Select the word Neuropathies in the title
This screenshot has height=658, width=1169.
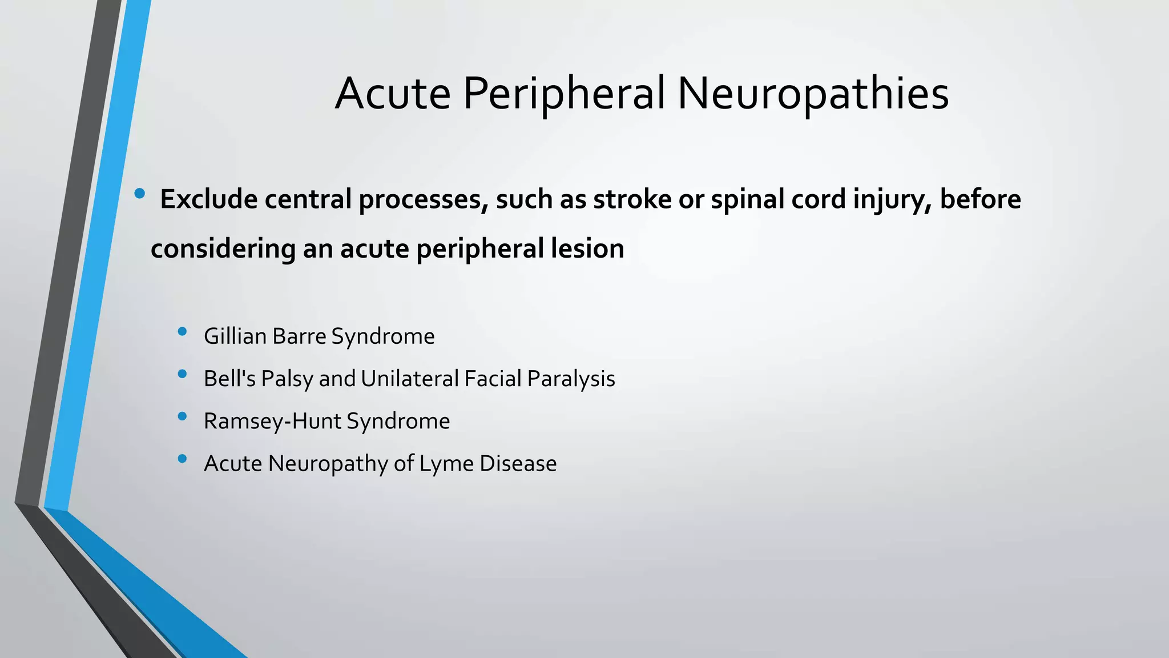click(813, 93)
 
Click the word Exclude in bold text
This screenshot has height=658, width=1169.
click(208, 199)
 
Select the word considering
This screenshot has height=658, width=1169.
click(223, 248)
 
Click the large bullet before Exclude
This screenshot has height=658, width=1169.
click(139, 194)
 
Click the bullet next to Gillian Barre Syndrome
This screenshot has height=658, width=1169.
click(182, 331)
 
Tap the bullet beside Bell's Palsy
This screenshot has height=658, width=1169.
click(182, 374)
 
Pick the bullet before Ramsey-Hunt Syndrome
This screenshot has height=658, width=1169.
click(182, 416)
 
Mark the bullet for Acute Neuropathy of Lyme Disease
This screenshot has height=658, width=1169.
click(182, 459)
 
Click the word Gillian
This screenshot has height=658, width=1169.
click(235, 336)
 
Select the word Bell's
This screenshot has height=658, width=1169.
click(229, 379)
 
